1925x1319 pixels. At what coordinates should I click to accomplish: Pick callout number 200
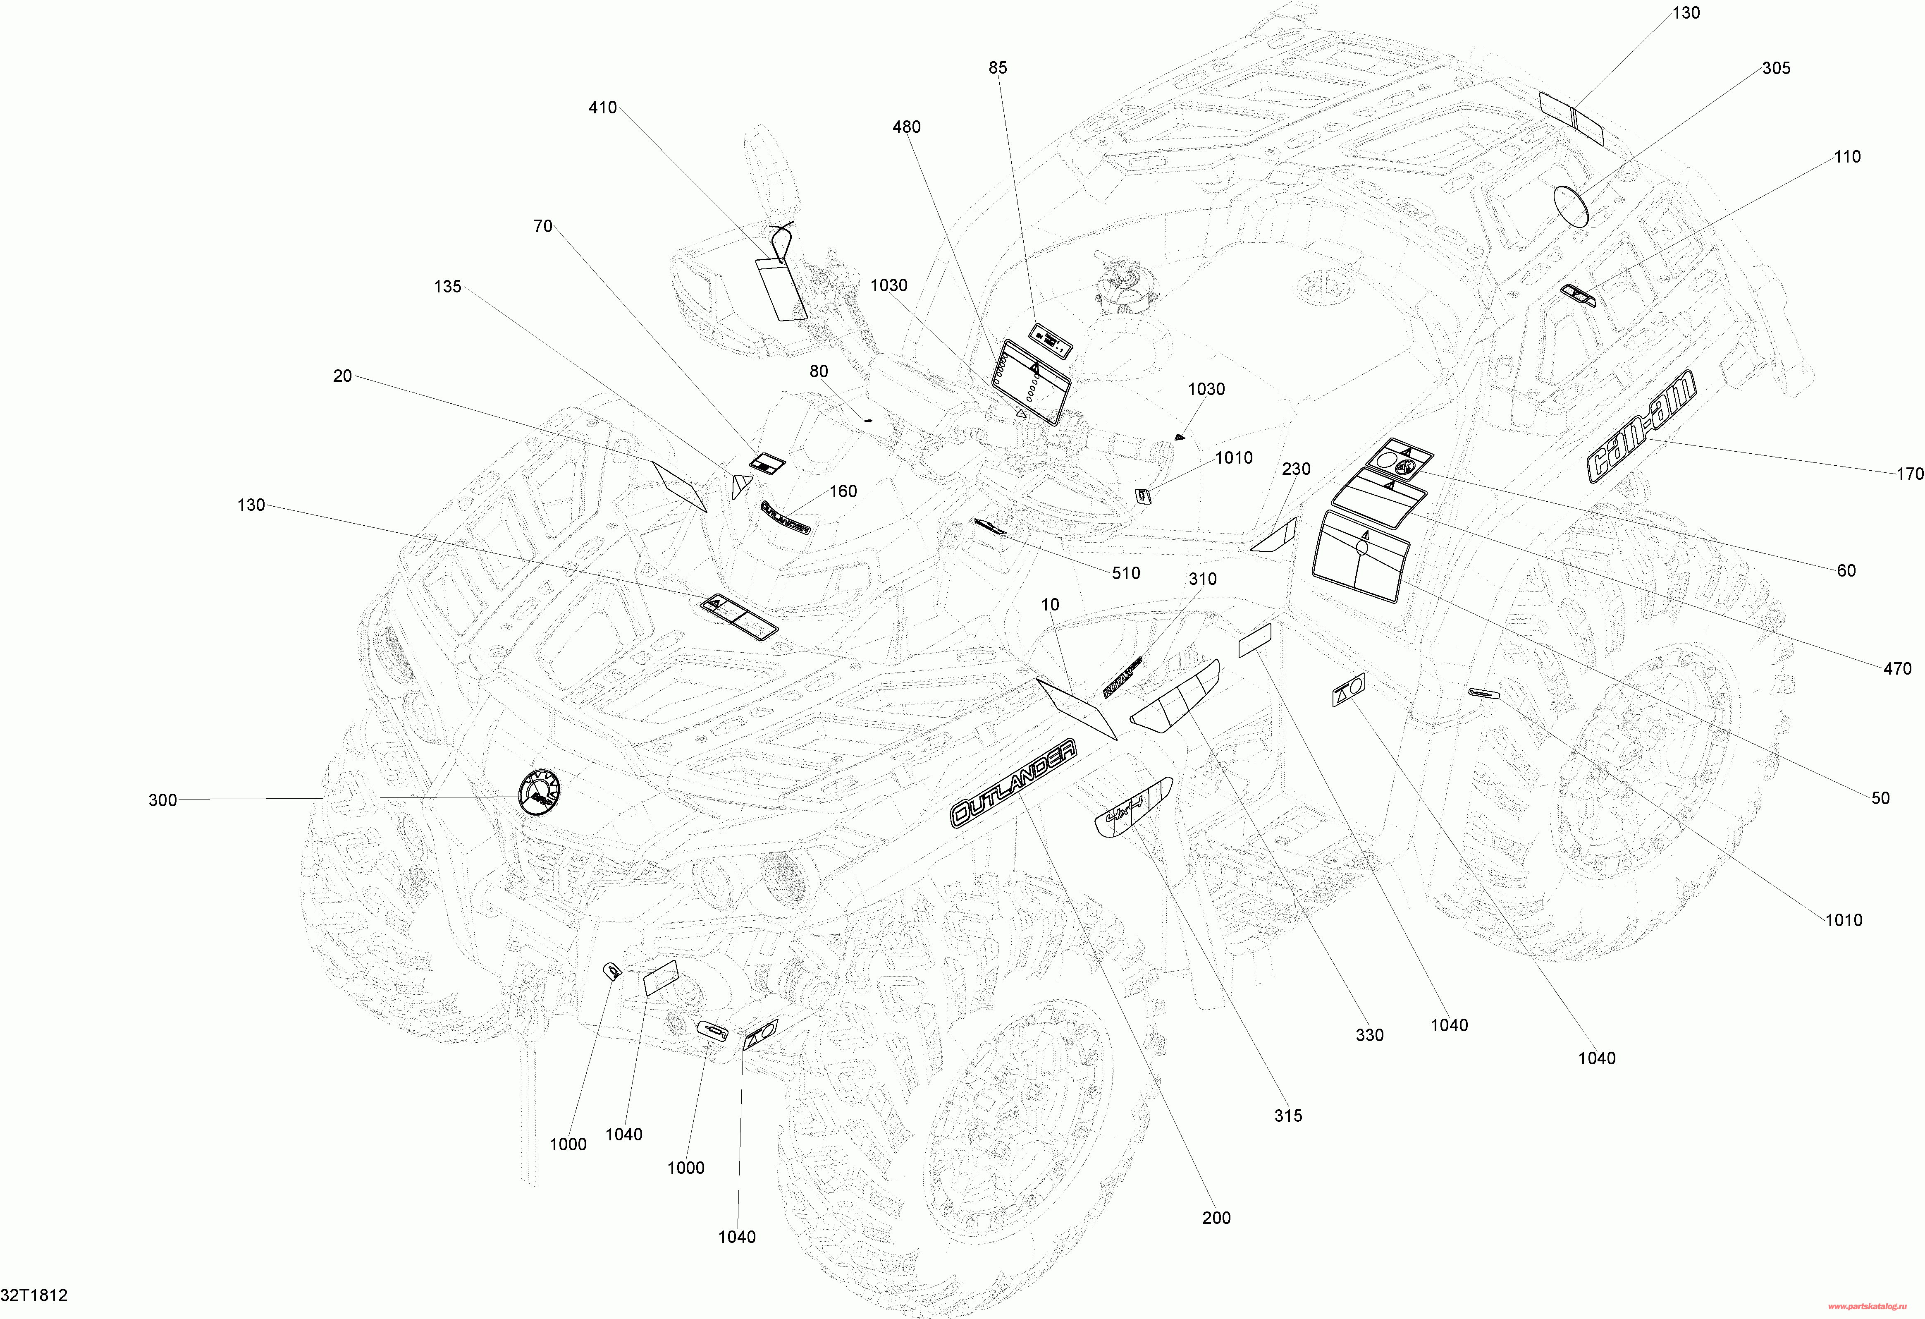click(1216, 1218)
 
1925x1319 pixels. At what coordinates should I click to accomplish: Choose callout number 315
click(1288, 1116)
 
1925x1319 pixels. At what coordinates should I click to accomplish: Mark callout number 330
click(1369, 1035)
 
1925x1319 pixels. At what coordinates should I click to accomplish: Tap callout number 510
click(1126, 573)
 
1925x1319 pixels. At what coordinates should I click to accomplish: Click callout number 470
click(1897, 669)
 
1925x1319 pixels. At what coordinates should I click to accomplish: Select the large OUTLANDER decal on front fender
click(1013, 783)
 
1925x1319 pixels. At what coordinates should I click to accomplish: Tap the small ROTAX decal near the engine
click(1123, 677)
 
